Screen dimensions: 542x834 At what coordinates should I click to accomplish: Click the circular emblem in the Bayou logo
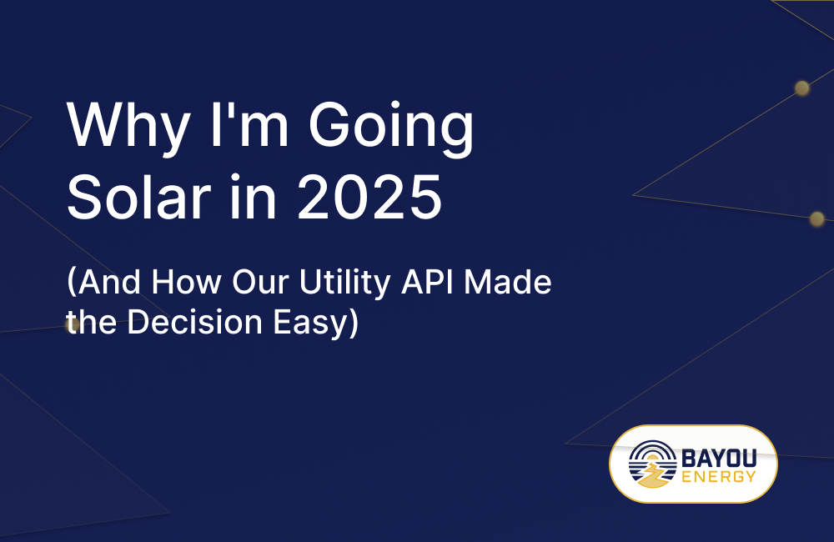(652, 464)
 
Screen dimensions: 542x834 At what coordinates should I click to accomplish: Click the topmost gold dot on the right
(801, 88)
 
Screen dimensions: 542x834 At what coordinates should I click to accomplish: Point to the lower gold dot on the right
(816, 218)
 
